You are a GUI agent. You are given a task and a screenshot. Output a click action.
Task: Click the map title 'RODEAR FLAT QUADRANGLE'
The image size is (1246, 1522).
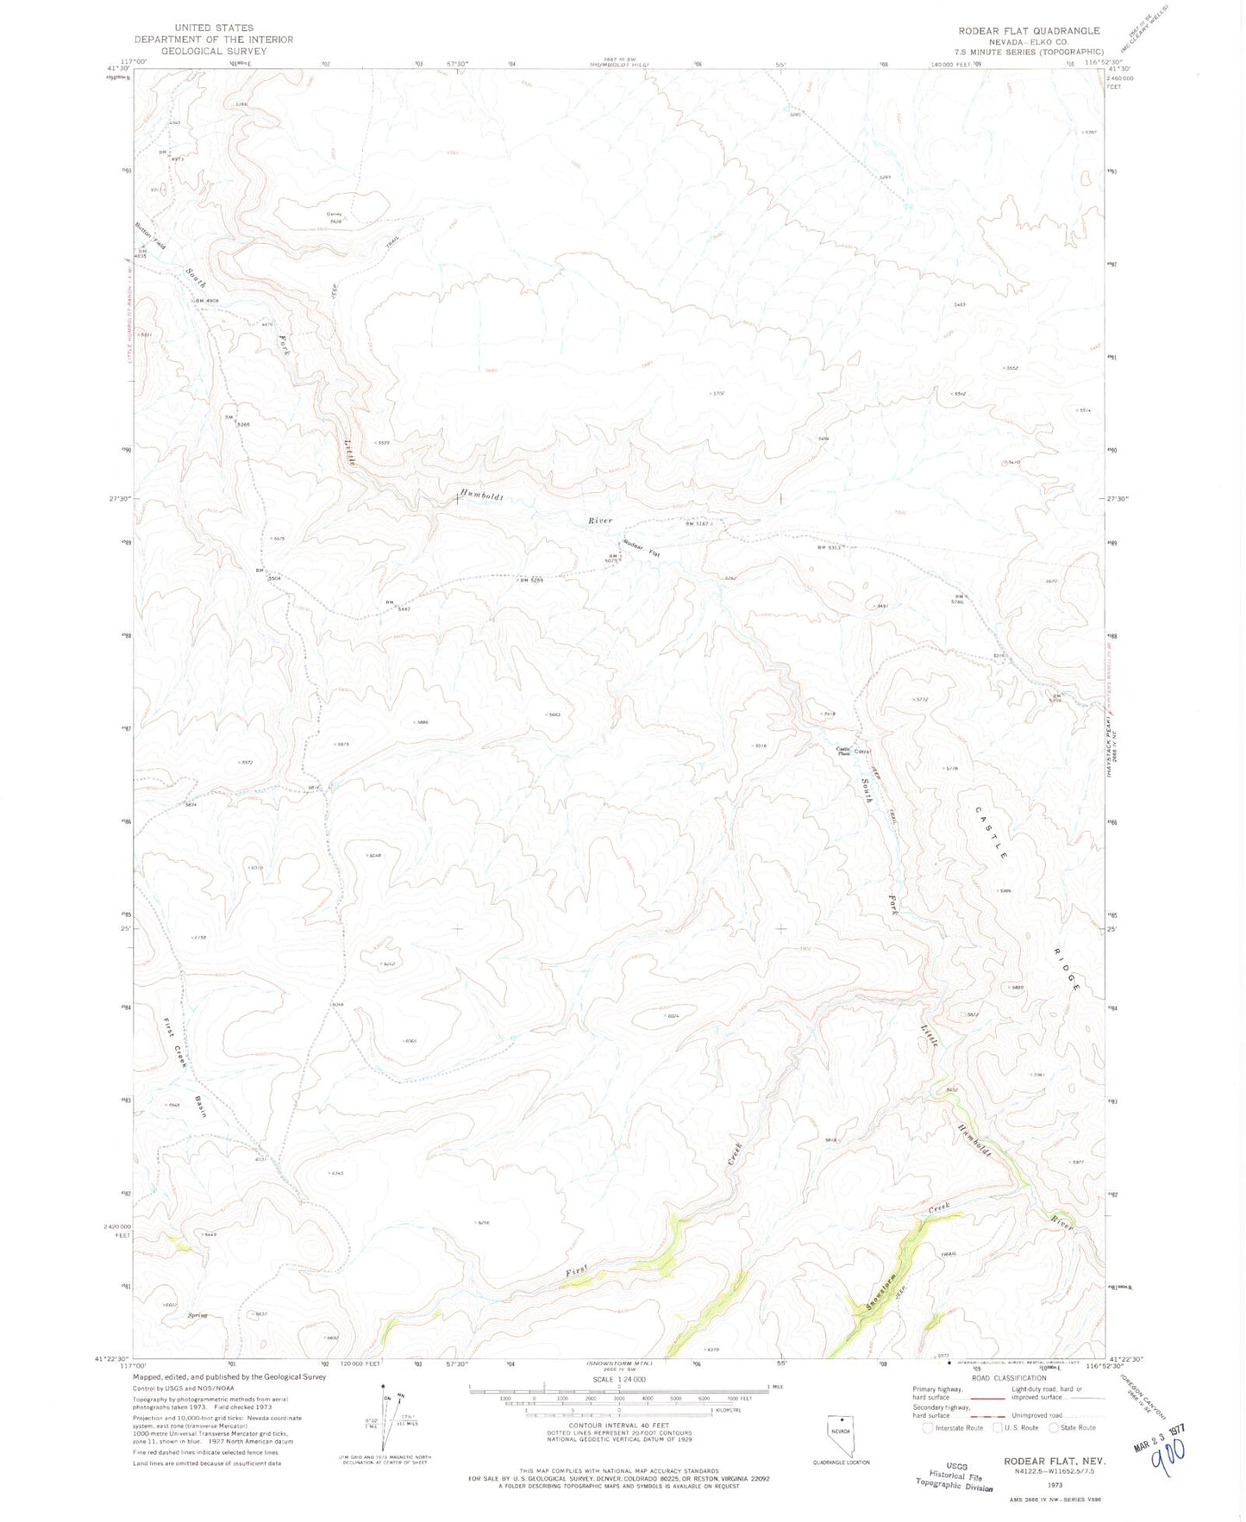(1029, 31)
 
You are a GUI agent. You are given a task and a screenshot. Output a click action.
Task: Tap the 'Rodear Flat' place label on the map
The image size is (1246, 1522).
(641, 548)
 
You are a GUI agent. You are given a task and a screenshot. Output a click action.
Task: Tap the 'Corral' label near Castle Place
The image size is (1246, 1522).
(861, 751)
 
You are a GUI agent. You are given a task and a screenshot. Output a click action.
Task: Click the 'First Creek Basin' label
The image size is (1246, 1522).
(185, 1068)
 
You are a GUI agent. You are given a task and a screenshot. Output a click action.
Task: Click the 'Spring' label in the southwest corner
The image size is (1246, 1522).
(197, 1315)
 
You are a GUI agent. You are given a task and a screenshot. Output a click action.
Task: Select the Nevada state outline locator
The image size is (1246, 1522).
(839, 1432)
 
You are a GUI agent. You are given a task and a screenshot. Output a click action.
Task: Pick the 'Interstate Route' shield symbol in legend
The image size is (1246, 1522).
(927, 1427)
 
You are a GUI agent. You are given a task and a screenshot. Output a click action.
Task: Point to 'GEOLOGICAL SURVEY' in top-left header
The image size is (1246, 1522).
(213, 51)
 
